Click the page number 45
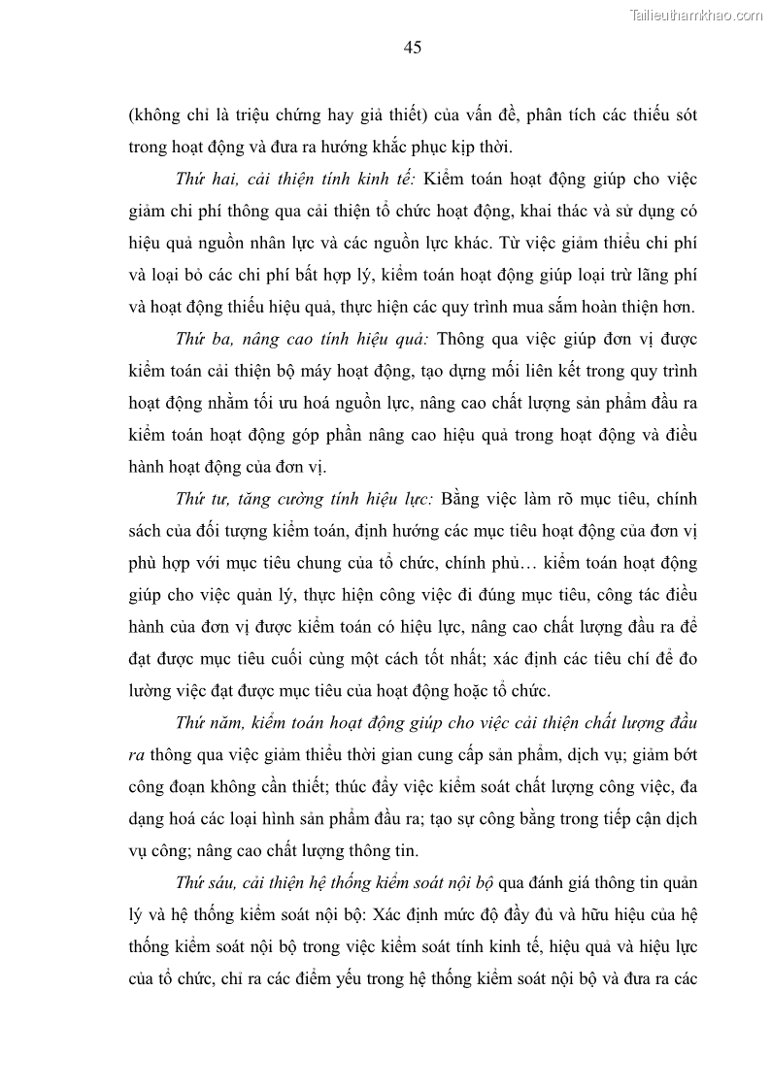(412, 48)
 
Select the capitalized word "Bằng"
(463, 499)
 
